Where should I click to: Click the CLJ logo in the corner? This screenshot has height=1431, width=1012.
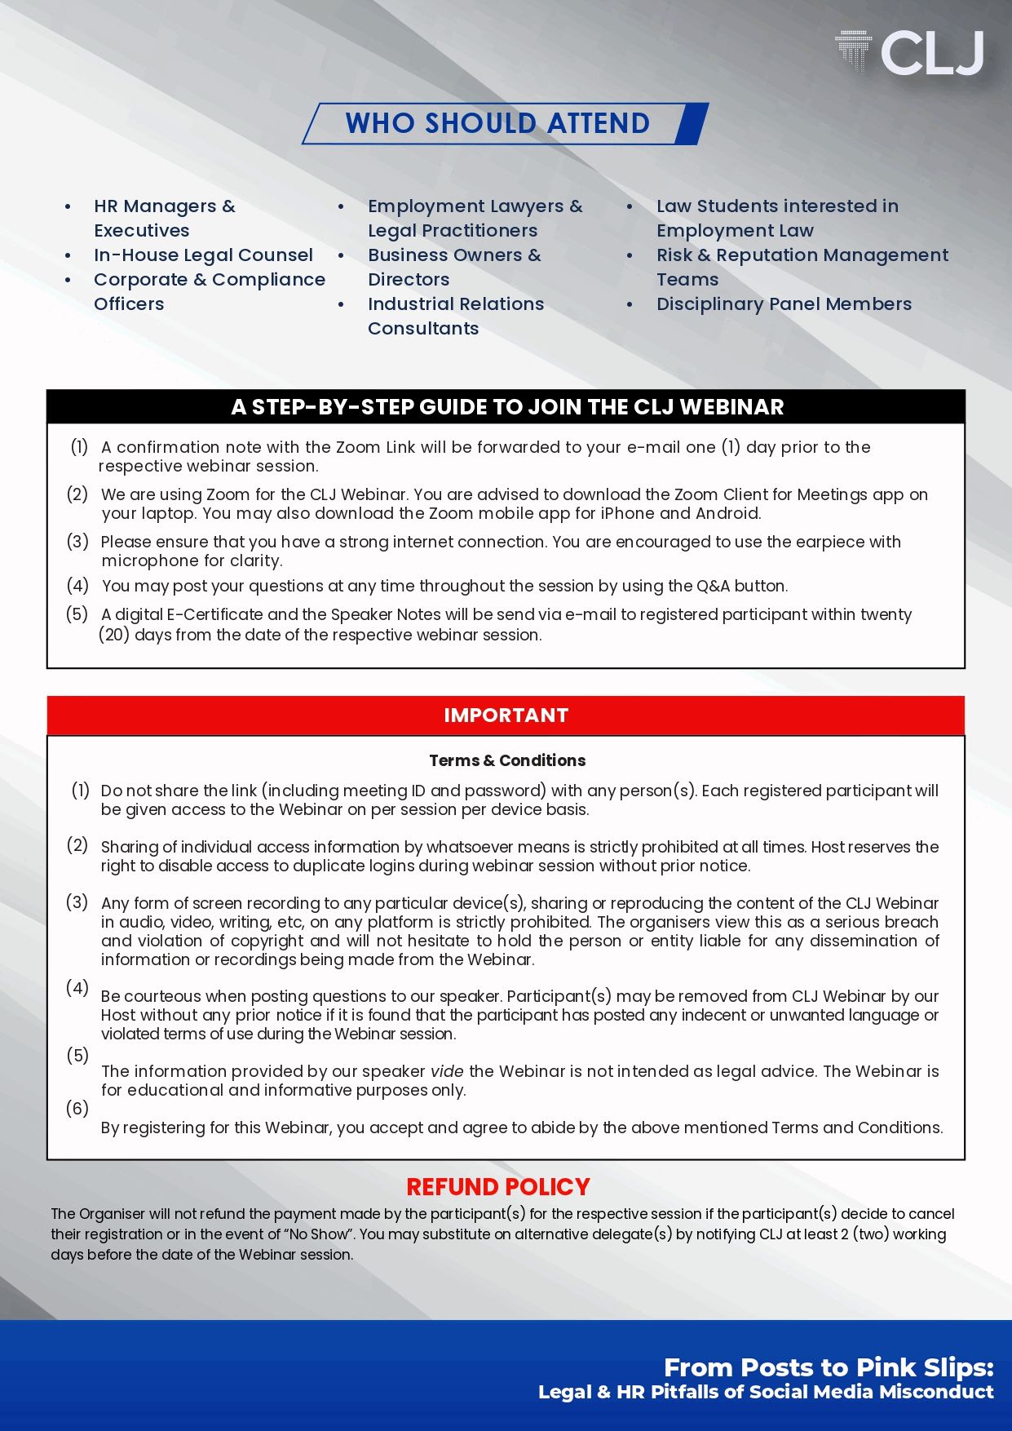910,53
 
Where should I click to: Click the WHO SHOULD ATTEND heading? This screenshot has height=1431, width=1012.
497,123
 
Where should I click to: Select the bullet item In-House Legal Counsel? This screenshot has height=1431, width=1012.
203,255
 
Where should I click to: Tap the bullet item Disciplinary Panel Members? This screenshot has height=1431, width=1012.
784,304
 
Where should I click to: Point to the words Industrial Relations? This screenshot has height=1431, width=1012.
455,304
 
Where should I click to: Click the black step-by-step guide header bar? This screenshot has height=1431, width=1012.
506,406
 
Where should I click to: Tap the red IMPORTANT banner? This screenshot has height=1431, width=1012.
506,715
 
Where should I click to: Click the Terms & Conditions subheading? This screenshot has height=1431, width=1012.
507,760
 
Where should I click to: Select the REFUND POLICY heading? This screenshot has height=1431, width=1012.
497,1187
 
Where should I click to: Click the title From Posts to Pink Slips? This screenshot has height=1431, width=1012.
829,1367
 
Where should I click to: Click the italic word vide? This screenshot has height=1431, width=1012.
447,1071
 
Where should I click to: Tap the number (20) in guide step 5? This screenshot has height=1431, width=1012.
114,635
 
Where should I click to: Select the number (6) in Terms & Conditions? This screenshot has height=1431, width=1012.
77,1109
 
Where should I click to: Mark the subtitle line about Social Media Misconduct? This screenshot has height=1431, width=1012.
766,1393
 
